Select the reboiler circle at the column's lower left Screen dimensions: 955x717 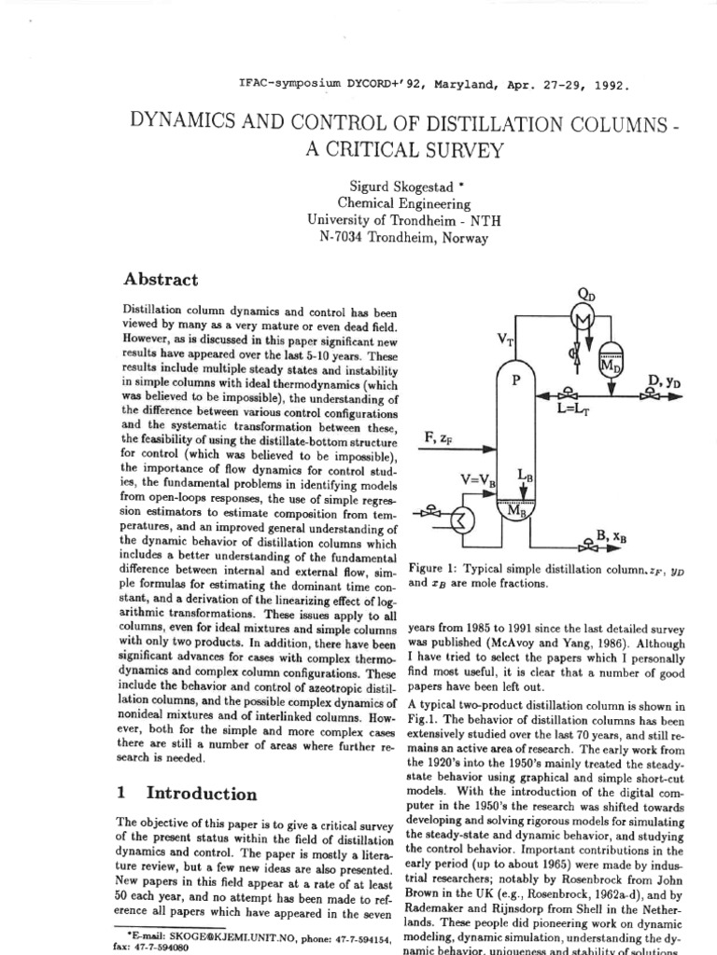pyautogui.click(x=460, y=519)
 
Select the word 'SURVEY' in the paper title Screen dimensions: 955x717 pyautogui.click(x=434, y=149)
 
